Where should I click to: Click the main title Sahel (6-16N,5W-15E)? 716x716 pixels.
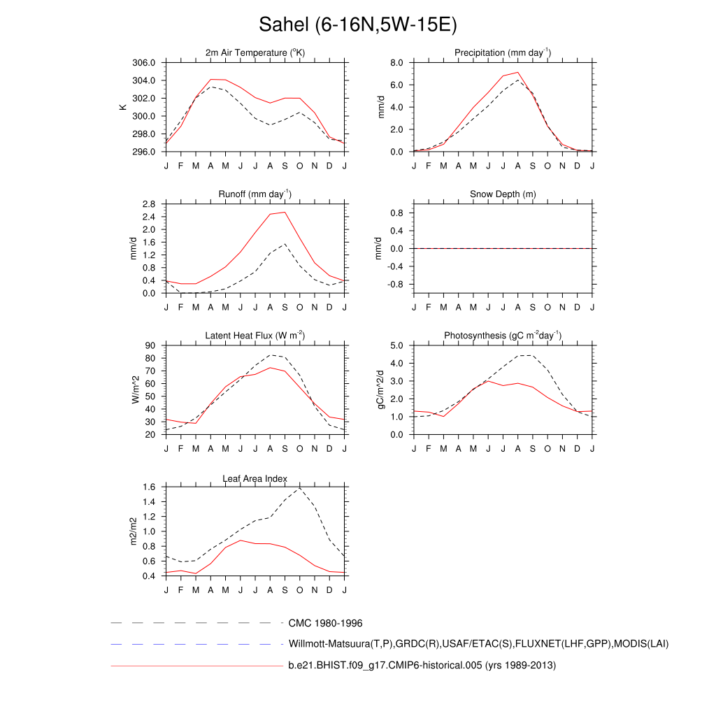click(x=357, y=25)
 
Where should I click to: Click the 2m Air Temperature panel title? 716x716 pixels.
click(x=255, y=53)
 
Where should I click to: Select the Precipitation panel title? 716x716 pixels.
click(x=503, y=53)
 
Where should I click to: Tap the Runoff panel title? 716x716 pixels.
click(x=255, y=194)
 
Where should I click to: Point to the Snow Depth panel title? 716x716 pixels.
click(x=503, y=194)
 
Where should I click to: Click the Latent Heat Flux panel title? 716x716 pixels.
click(x=255, y=336)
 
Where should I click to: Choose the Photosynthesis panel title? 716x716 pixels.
click(x=503, y=336)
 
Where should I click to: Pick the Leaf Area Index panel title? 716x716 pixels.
click(x=255, y=479)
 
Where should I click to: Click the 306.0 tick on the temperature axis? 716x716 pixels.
click(x=143, y=62)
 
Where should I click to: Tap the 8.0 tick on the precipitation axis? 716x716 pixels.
click(x=396, y=62)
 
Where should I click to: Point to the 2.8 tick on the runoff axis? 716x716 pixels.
click(x=148, y=204)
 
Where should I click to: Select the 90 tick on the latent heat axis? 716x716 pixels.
click(x=150, y=345)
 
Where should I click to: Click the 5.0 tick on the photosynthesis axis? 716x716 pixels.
click(x=396, y=345)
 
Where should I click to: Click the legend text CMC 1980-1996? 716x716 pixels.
click(x=325, y=623)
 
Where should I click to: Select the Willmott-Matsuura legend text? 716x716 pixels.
click(x=478, y=643)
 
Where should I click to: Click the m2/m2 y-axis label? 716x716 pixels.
click(x=133, y=531)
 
